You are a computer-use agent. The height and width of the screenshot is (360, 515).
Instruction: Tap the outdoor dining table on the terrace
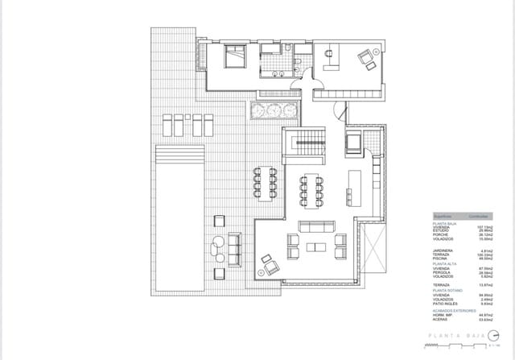(266, 182)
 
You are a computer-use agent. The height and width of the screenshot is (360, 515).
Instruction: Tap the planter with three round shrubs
(274, 110)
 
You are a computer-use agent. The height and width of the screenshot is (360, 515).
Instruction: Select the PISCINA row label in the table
(441, 258)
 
